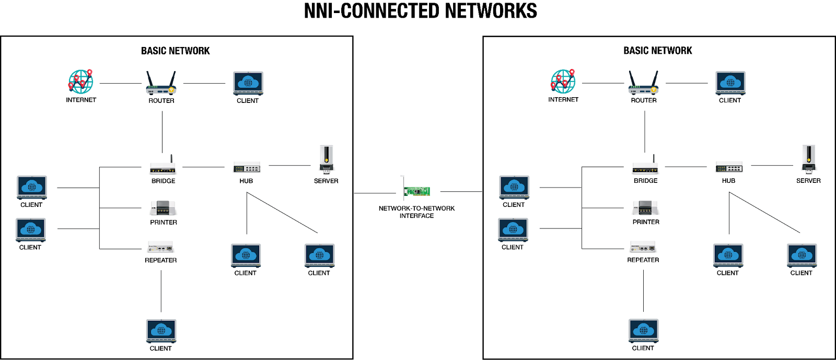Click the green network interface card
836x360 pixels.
click(x=417, y=191)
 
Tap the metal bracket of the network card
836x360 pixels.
click(x=403, y=188)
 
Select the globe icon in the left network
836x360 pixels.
click(x=81, y=82)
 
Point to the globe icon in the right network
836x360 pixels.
click(x=563, y=82)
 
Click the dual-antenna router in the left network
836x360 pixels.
click(x=161, y=84)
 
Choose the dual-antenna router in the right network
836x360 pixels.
click(x=643, y=84)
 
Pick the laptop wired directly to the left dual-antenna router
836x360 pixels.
click(x=248, y=83)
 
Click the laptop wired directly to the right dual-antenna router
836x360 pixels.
click(x=730, y=83)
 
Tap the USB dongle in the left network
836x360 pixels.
click(x=327, y=159)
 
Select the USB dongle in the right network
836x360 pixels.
click(x=809, y=159)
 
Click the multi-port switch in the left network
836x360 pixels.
click(x=247, y=167)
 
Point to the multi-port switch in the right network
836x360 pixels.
click(x=729, y=167)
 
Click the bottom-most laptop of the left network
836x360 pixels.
click(x=161, y=330)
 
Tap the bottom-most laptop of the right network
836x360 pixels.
click(x=644, y=330)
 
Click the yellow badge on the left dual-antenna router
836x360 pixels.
click(x=171, y=90)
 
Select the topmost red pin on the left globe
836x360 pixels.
click(x=90, y=72)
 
